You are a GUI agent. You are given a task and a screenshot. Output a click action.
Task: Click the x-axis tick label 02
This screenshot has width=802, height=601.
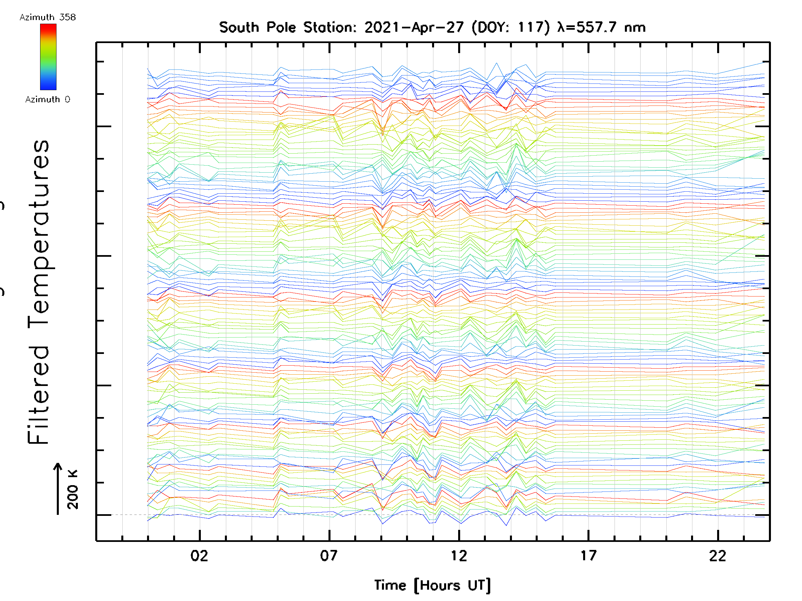(x=199, y=556)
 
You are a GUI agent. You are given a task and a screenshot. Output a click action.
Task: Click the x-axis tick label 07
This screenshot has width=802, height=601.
(x=328, y=556)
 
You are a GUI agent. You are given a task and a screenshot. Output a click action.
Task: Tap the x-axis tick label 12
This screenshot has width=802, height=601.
(x=459, y=556)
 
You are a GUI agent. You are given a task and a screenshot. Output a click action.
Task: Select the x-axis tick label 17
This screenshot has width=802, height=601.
(x=588, y=556)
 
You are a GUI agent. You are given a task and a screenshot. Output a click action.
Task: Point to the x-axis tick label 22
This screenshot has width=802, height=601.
(x=717, y=556)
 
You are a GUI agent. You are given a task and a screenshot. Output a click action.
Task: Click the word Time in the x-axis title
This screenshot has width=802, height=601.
(x=390, y=585)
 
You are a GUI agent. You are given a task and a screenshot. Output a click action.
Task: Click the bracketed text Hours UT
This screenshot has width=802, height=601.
(x=452, y=585)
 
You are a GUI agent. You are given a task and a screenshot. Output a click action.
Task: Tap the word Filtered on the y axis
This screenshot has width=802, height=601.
(x=38, y=395)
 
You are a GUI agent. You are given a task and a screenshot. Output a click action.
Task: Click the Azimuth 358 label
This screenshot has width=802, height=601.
(x=47, y=17)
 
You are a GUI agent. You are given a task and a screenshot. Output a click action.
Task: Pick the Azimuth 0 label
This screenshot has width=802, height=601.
(x=47, y=99)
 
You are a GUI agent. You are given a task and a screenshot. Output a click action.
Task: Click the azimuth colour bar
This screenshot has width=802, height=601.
(x=48, y=57)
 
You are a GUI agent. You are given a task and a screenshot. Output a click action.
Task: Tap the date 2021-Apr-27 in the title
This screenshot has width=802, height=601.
(x=414, y=27)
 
